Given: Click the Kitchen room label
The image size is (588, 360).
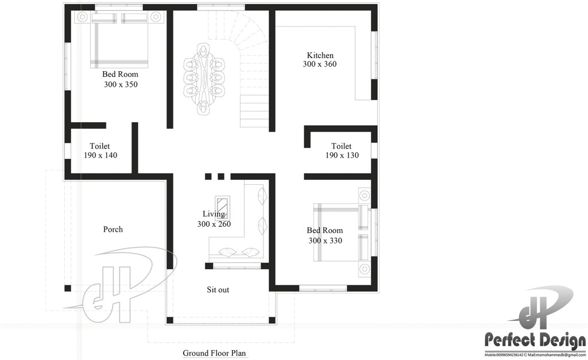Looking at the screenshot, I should click(x=320, y=55).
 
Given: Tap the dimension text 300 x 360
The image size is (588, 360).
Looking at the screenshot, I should click(x=320, y=64).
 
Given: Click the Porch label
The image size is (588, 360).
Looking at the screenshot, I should click(x=113, y=230).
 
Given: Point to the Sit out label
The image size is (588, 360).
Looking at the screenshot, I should click(x=218, y=290).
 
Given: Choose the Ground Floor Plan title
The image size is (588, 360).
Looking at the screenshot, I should click(x=215, y=353).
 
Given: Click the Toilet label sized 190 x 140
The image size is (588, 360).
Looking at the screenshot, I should click(x=100, y=146).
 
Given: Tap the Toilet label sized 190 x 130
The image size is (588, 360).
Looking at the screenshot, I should click(x=342, y=146).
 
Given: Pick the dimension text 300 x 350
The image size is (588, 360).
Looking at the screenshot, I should click(x=121, y=84).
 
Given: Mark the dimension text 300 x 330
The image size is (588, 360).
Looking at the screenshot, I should click(x=325, y=241).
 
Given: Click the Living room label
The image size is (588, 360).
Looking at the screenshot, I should click(x=214, y=214).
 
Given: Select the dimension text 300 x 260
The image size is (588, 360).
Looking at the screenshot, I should click(x=214, y=224).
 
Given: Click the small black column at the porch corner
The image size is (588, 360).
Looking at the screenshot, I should click(x=68, y=288).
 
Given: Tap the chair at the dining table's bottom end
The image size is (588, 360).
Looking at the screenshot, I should click(x=203, y=107).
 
